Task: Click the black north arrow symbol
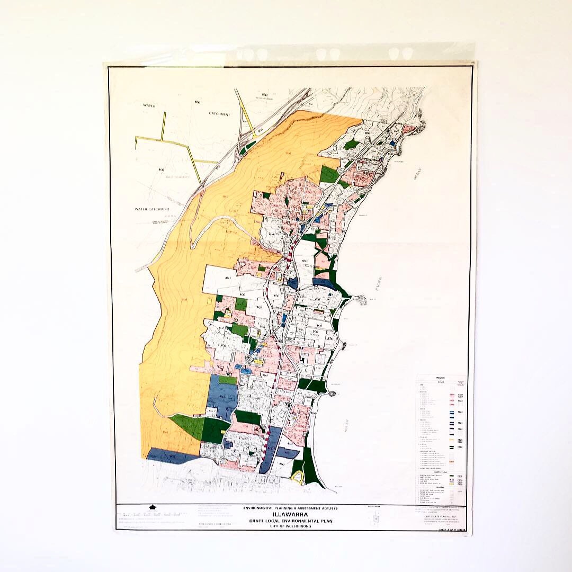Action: (x=153, y=507)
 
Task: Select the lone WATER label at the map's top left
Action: (x=149, y=105)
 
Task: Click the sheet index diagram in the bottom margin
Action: (x=376, y=517)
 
